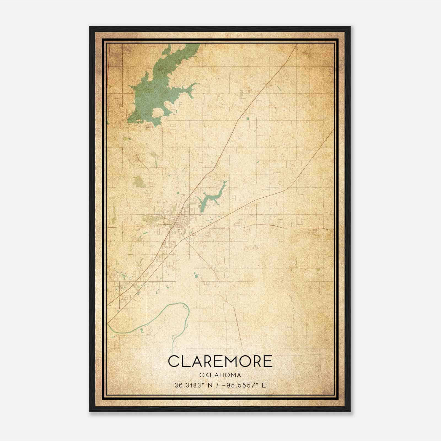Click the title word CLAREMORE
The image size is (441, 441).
[220, 361]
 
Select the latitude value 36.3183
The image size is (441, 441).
[188, 385]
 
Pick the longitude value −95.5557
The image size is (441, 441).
[238, 385]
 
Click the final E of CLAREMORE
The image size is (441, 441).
[267, 361]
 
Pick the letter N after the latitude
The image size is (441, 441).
[210, 385]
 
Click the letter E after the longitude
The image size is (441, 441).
[264, 385]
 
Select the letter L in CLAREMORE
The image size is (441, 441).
[185, 361]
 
